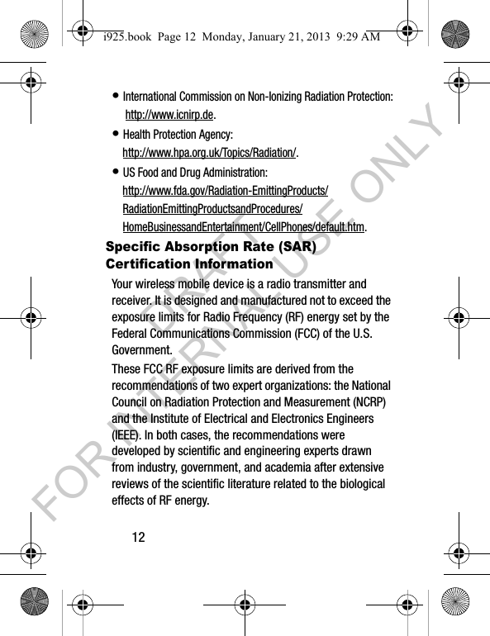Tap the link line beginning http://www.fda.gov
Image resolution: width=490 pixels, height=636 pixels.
click(x=225, y=192)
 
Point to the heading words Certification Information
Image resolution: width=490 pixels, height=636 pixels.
click(x=189, y=264)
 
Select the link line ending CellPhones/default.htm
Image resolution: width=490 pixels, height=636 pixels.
click(x=244, y=227)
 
